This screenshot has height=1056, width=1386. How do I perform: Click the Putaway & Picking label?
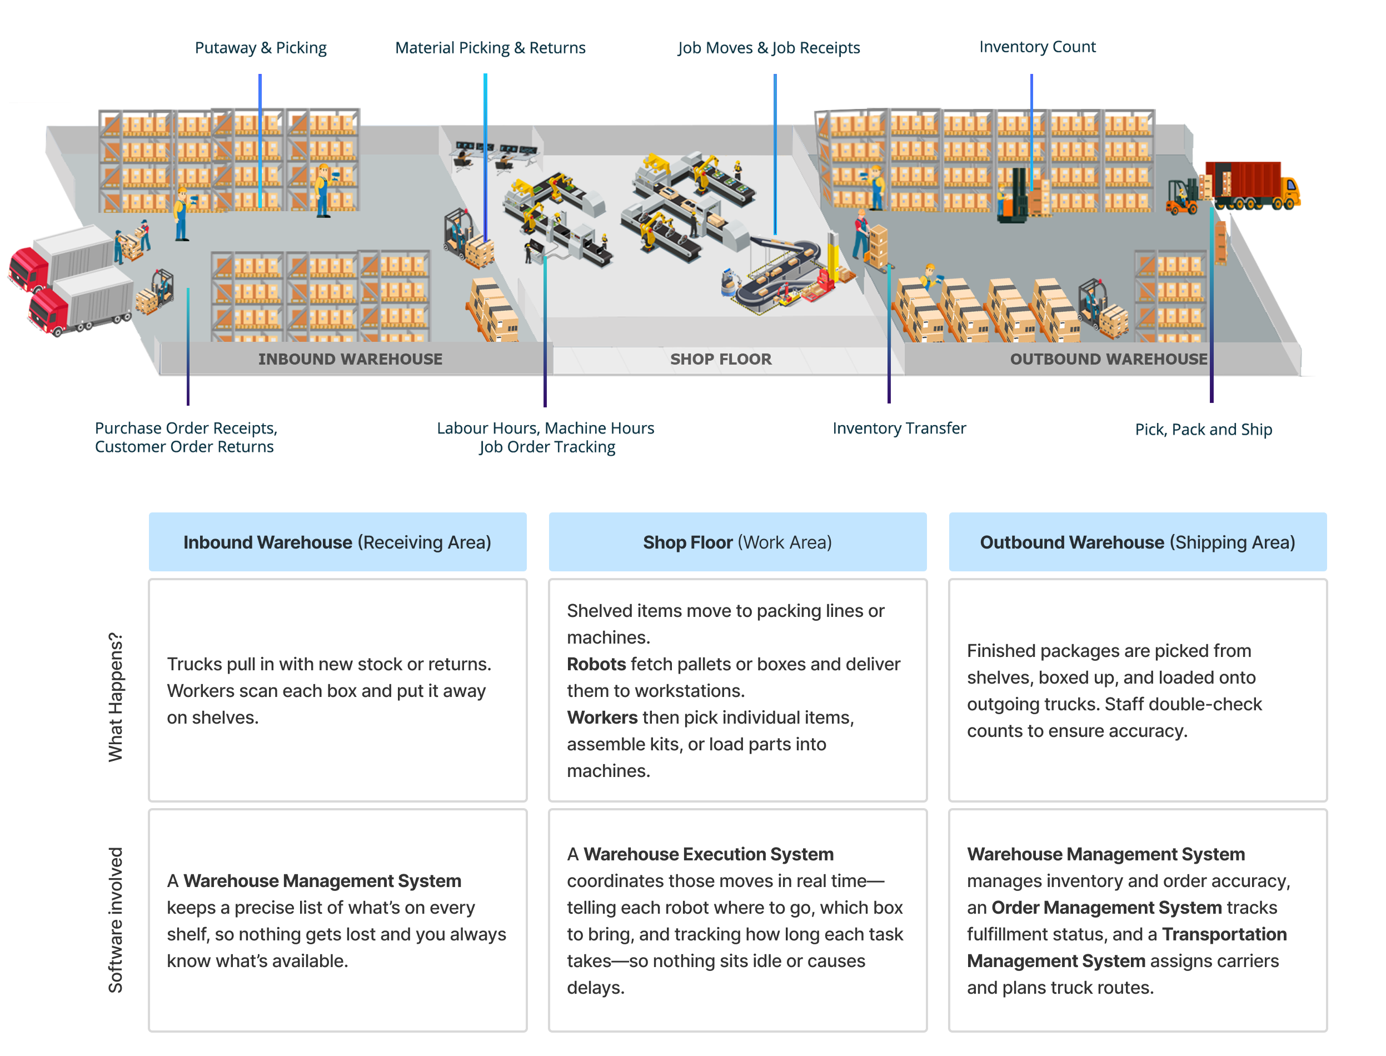click(261, 48)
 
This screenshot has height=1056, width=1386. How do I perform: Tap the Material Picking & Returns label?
click(490, 48)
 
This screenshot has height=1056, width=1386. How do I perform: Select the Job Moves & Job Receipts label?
click(768, 48)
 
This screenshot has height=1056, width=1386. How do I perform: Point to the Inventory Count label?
click(1038, 47)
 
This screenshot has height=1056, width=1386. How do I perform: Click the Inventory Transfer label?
click(899, 428)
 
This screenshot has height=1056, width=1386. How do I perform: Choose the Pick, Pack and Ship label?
click(1204, 429)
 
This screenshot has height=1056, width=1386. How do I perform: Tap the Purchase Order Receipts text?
click(186, 428)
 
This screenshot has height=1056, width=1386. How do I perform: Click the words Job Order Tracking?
click(547, 447)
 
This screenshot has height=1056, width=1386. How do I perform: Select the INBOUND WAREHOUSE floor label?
click(350, 359)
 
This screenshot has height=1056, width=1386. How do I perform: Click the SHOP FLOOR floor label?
click(720, 359)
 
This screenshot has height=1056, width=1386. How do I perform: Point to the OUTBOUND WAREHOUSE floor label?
click(1108, 359)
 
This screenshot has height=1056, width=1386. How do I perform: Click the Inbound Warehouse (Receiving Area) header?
click(337, 542)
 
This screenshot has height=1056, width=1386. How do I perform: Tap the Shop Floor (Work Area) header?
click(737, 542)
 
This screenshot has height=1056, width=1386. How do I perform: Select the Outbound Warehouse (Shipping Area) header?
click(1138, 542)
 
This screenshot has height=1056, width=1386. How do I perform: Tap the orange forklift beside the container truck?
click(1181, 197)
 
